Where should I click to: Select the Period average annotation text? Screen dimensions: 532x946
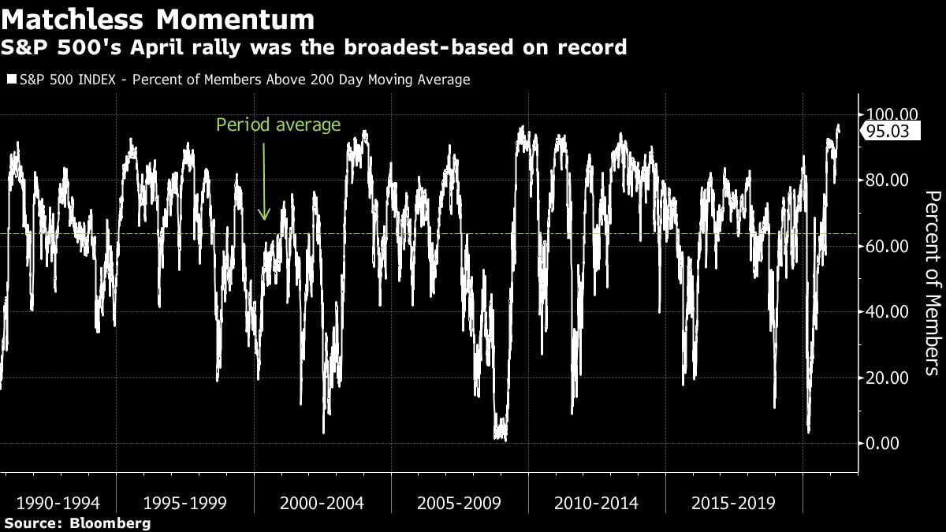click(x=278, y=125)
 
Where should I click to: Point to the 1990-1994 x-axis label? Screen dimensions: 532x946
click(x=58, y=503)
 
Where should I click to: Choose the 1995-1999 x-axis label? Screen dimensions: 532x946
click(x=186, y=503)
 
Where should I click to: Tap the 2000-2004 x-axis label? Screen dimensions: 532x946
click(x=323, y=503)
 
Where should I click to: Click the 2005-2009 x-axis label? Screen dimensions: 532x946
click(x=460, y=503)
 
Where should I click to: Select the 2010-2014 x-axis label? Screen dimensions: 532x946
click(x=597, y=503)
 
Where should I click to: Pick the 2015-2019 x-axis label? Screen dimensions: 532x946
click(x=733, y=503)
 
